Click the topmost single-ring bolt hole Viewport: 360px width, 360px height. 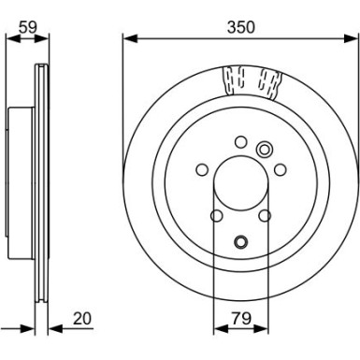point(239,142)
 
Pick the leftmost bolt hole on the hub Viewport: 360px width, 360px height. point(201,170)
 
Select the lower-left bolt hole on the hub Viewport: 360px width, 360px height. point(216,216)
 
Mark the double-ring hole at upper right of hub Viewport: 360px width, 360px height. point(264,148)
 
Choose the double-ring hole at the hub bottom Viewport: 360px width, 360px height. point(239,242)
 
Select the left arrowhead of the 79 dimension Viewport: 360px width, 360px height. point(218,328)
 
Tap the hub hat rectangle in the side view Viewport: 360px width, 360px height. point(22,183)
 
